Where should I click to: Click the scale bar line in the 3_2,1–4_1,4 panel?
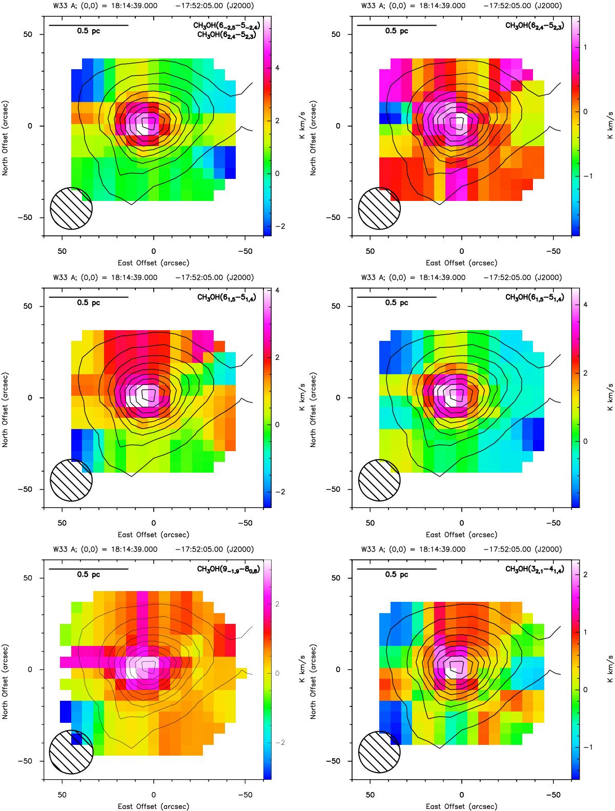[396, 569]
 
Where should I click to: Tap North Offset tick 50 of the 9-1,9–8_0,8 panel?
[34, 578]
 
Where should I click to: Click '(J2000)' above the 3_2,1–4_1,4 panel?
[548, 550]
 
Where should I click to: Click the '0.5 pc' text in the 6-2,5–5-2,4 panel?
[89, 31]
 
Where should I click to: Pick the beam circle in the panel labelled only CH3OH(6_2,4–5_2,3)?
[379, 208]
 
